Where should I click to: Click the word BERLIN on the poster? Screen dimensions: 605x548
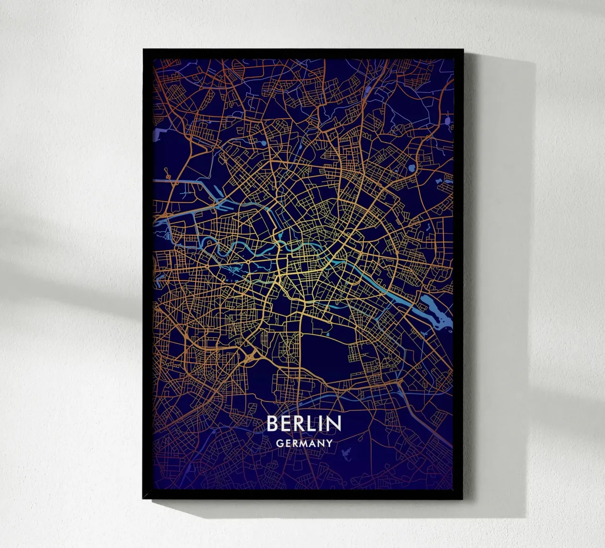[303, 424]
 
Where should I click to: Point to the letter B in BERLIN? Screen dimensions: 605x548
[272, 424]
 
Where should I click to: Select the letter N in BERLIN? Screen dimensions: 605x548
[334, 424]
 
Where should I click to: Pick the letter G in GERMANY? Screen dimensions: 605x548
[279, 444]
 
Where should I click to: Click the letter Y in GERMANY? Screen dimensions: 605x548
[329, 444]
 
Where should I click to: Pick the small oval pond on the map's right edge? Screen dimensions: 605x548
[448, 121]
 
